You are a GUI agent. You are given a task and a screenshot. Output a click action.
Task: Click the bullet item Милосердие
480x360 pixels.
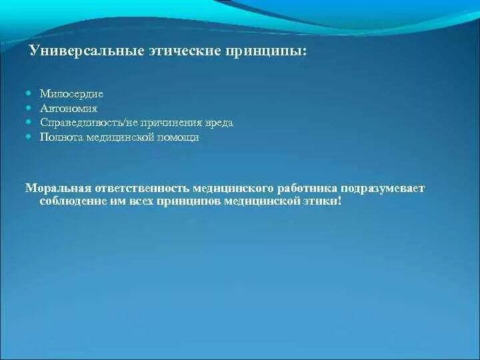click(x=71, y=94)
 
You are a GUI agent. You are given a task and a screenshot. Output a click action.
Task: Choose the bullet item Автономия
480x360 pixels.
click(x=69, y=109)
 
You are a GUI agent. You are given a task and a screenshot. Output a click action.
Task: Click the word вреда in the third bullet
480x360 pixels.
click(x=219, y=123)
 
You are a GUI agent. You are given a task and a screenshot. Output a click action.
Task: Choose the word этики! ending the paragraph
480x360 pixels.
click(x=323, y=200)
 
